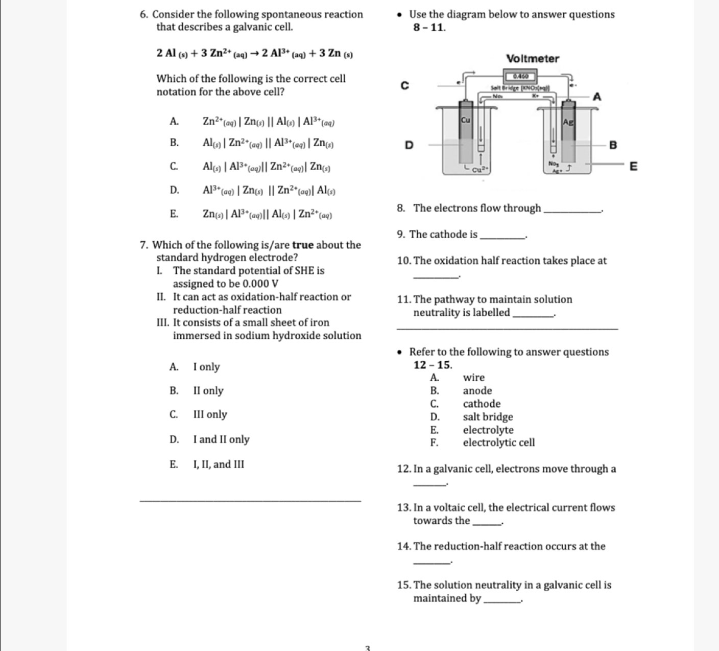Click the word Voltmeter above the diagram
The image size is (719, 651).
(533, 59)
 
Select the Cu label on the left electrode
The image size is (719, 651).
(466, 120)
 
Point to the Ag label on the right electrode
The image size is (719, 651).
(568, 122)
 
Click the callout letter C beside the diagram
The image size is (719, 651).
(404, 86)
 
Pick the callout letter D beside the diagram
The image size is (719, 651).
(408, 145)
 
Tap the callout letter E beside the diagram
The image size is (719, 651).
(634, 166)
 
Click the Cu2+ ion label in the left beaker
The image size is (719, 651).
(478, 169)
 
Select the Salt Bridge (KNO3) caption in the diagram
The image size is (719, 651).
(519, 88)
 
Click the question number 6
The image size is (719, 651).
(143, 14)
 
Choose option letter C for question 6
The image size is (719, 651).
(174, 166)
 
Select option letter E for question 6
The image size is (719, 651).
(174, 214)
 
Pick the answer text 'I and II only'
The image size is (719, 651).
(221, 439)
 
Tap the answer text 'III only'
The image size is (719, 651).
(210, 414)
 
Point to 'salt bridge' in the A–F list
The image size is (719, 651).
(488, 417)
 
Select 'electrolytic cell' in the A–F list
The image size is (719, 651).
(498, 443)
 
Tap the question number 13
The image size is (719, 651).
(403, 507)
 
